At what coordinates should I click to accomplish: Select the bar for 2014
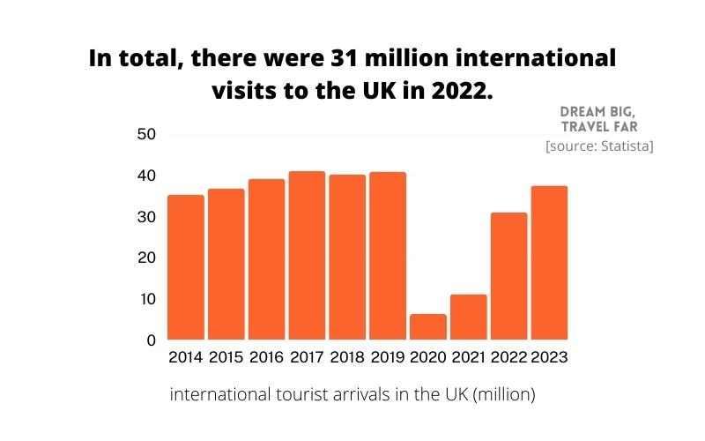click(185, 267)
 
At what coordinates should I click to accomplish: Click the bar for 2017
click(307, 256)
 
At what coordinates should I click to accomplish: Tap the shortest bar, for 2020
click(428, 326)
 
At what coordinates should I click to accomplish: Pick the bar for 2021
click(469, 317)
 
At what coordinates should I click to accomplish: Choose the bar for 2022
click(508, 276)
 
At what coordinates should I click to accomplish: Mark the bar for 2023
click(549, 263)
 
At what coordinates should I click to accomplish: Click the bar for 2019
click(388, 256)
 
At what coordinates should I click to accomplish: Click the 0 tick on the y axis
click(151, 340)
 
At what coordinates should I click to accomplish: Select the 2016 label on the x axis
click(266, 358)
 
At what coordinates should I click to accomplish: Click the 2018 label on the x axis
click(347, 358)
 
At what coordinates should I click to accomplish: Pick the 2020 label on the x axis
click(428, 358)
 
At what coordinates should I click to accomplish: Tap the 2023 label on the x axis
click(549, 358)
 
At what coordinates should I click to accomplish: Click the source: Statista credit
click(599, 146)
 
